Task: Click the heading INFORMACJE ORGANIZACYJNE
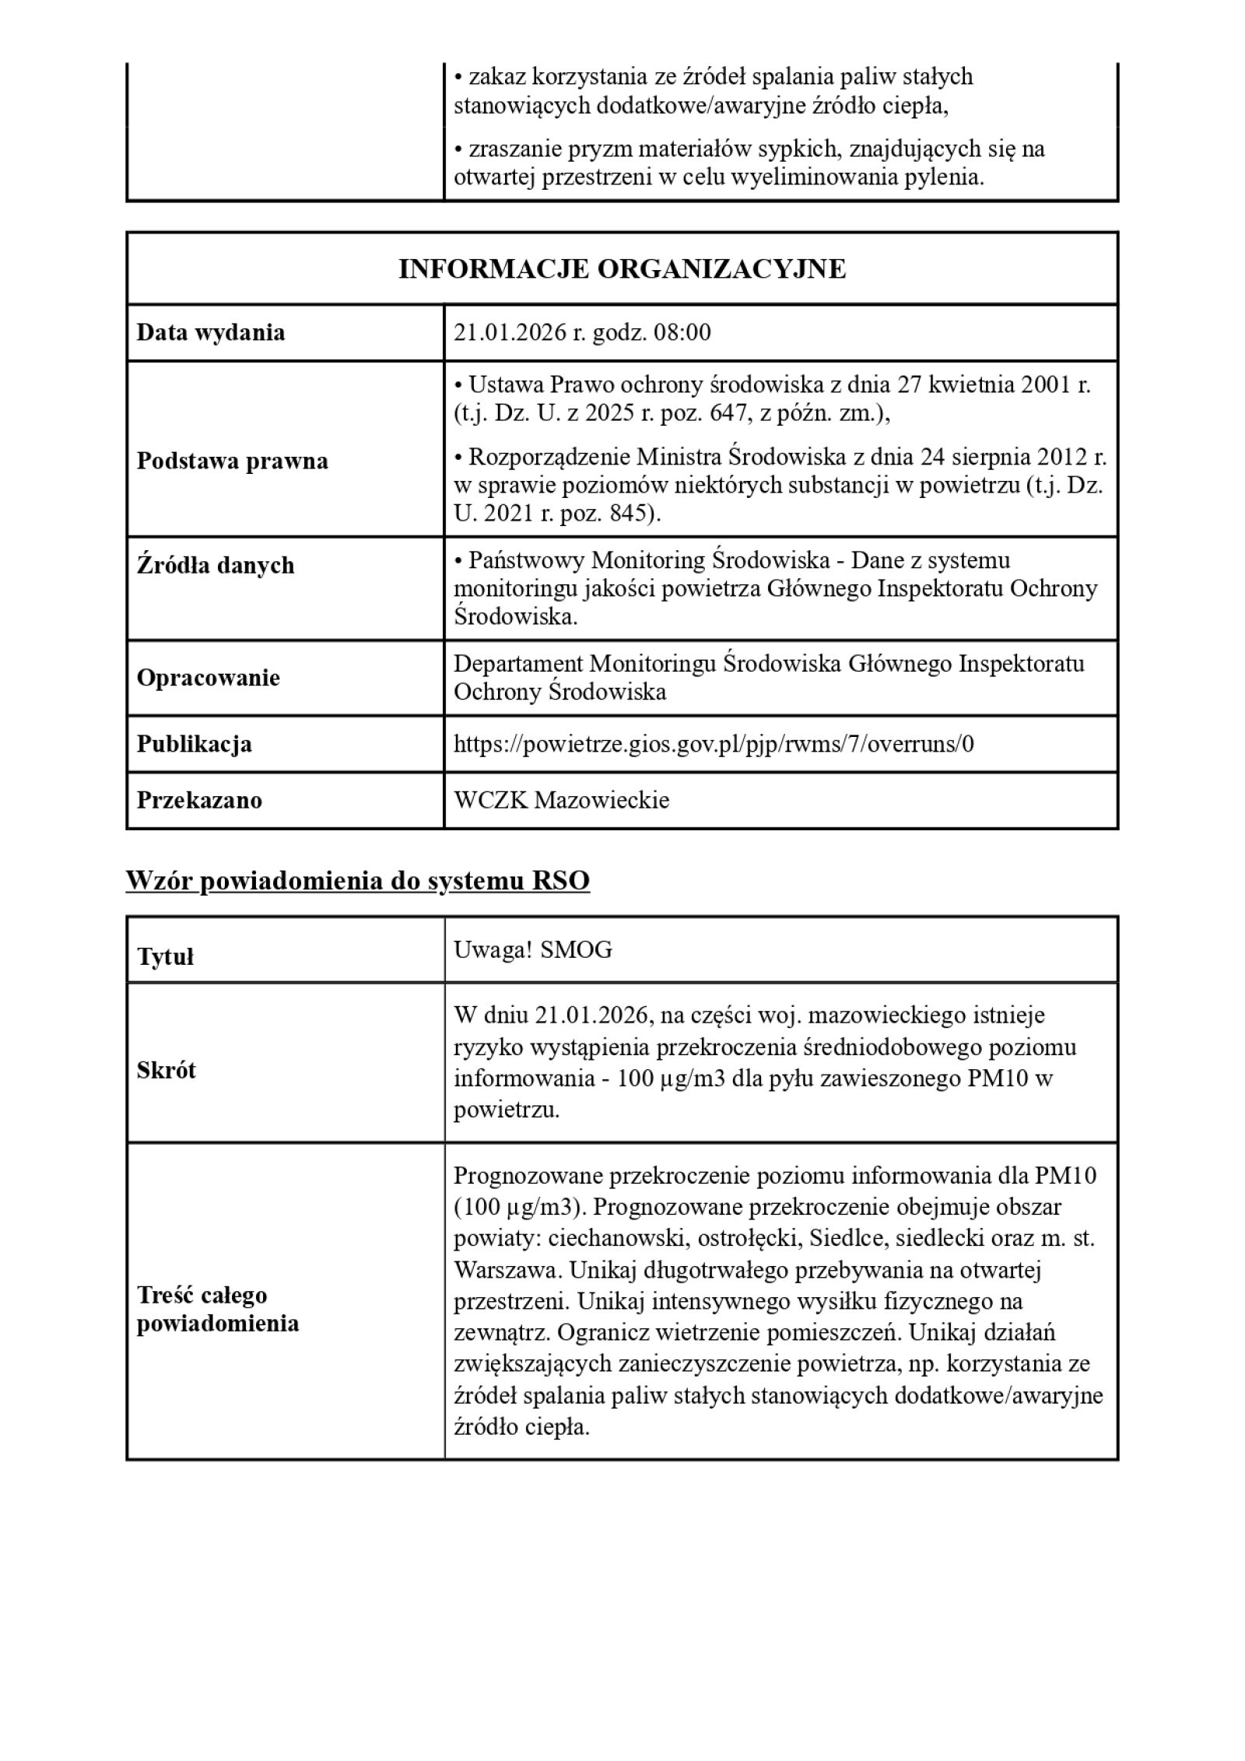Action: (x=622, y=268)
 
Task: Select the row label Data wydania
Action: (x=211, y=332)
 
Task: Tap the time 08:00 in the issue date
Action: (x=682, y=332)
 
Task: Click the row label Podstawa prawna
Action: (x=232, y=461)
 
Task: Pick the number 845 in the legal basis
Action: (x=628, y=514)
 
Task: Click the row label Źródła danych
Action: (x=216, y=565)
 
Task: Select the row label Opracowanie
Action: (x=208, y=678)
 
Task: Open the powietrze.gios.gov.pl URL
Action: (x=713, y=744)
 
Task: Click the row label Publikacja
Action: (x=194, y=744)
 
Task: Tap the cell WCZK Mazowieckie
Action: (x=561, y=800)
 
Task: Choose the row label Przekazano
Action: (x=199, y=800)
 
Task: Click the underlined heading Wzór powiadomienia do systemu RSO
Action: (x=357, y=881)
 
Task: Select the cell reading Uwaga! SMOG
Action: (x=532, y=950)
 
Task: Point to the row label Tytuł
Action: (x=165, y=956)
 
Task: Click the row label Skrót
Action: (x=166, y=1070)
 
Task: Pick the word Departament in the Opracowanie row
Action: (x=518, y=663)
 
